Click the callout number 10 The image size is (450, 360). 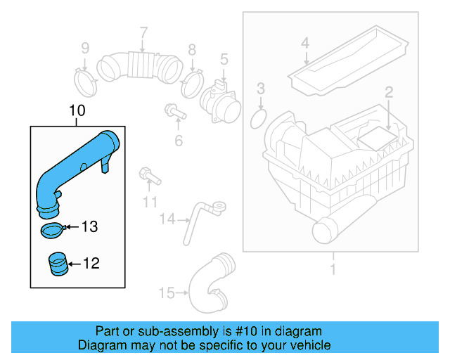77,110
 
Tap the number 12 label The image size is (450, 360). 91,264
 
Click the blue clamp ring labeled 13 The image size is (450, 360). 51,229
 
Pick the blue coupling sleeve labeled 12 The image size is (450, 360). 57,266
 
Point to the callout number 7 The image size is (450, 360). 143,32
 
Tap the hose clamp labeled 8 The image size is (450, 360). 191,85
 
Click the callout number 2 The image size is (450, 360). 387,91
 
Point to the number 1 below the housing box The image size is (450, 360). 333,269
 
